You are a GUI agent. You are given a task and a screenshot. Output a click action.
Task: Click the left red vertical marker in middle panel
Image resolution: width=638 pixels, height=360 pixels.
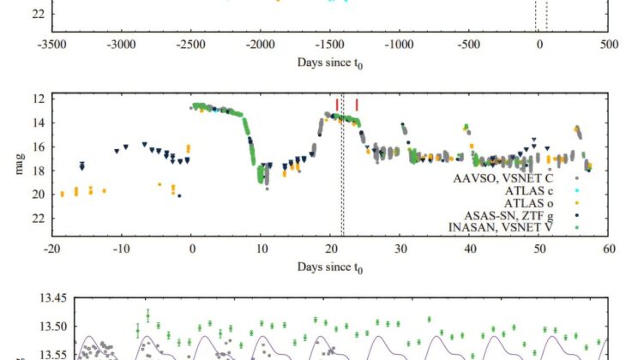pos(337,105)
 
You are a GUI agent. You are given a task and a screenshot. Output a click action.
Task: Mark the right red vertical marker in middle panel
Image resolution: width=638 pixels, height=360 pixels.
pos(357,105)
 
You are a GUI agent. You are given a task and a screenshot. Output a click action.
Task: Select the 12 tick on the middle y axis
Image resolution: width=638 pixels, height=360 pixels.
pos(38,99)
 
